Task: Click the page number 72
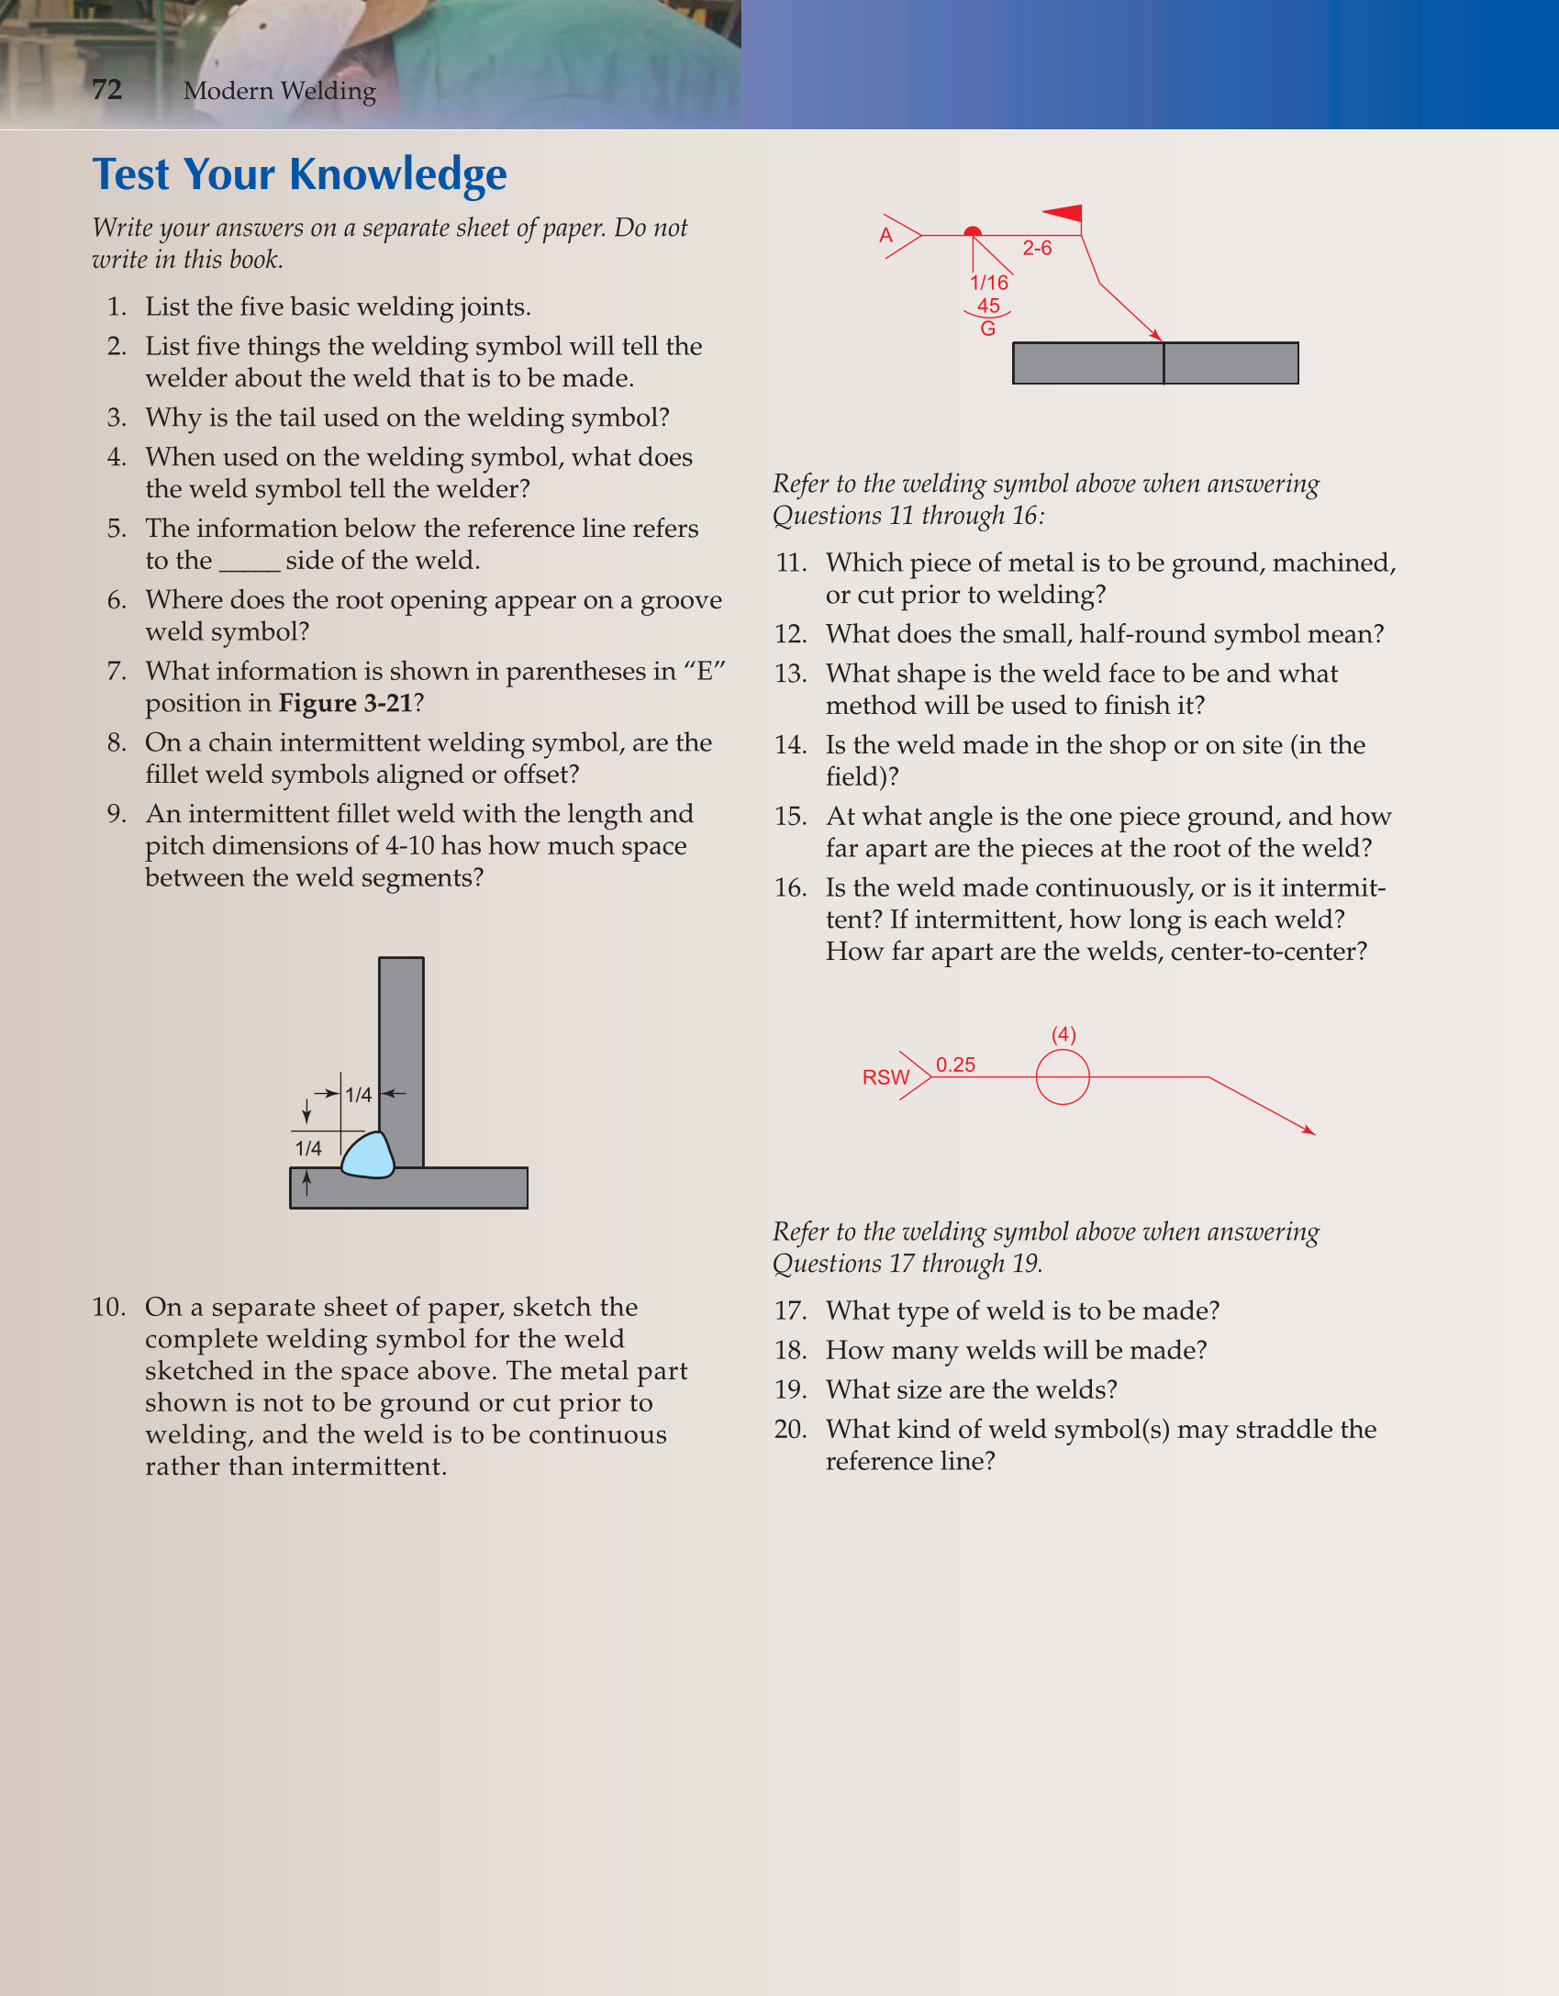[106, 89]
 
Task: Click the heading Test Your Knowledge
[299, 174]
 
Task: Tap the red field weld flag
[1066, 214]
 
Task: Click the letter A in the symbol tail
[885, 235]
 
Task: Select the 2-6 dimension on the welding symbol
[1037, 248]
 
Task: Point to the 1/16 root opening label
[989, 283]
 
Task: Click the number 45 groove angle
[988, 306]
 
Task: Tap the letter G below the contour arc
[987, 329]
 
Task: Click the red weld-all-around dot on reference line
[973, 233]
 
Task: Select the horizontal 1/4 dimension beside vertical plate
[358, 1095]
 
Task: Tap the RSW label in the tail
[885, 1077]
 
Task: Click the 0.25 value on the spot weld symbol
[955, 1065]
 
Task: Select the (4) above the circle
[1063, 1035]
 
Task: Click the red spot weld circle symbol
[1063, 1077]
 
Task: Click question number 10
[108, 1307]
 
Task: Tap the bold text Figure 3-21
[345, 703]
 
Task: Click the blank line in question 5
[249, 562]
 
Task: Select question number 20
[790, 1429]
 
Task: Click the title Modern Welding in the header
[279, 91]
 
